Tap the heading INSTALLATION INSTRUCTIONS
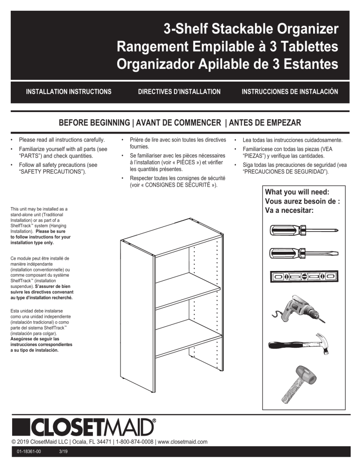68,91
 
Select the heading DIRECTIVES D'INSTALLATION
179,91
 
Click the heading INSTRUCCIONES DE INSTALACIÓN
290,91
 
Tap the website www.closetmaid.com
182,442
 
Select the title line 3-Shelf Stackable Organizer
251,30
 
